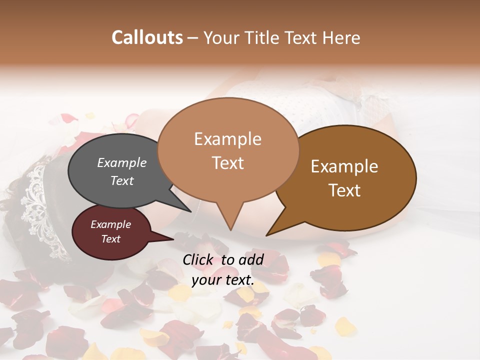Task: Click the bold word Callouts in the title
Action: [x=147, y=37]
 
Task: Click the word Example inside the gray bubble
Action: [x=121, y=163]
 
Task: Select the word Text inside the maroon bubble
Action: [x=111, y=239]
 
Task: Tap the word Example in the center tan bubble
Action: [x=227, y=139]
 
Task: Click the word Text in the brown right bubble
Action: [x=345, y=190]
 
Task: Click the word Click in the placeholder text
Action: [x=198, y=259]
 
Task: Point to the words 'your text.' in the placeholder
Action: [x=223, y=280]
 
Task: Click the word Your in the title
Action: [x=220, y=37]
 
